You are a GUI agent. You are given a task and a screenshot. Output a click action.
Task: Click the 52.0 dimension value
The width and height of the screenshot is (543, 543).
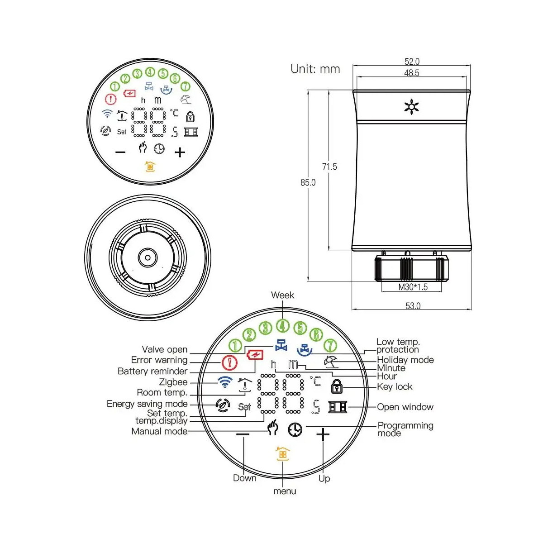[x=412, y=62]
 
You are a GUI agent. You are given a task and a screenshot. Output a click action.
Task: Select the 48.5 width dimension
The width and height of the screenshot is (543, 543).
[x=411, y=73]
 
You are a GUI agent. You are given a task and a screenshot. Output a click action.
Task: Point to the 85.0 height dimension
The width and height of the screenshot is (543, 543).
[x=308, y=183]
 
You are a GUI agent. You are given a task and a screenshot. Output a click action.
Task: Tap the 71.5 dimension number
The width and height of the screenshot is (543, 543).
[x=329, y=167]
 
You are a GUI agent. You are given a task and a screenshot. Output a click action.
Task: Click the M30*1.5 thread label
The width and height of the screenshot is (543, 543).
[x=413, y=287]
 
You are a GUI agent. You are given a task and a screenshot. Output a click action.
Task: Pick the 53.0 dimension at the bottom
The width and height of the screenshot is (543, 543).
[x=413, y=306]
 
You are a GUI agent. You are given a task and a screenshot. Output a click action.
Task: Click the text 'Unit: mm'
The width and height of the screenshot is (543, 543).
[x=315, y=69]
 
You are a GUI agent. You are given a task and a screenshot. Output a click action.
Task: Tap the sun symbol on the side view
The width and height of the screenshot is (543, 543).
[x=411, y=107]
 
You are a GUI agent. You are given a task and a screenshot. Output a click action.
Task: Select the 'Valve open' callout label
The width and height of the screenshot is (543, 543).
[x=165, y=349]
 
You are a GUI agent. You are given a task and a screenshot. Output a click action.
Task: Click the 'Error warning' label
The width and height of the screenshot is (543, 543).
[x=159, y=360]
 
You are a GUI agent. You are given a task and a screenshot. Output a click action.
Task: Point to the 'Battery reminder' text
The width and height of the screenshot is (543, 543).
[x=152, y=371]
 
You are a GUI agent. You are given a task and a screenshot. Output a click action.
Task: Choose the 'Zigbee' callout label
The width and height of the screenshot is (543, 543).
[x=173, y=382]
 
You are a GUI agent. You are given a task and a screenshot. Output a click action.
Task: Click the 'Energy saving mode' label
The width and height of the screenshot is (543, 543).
[x=147, y=404]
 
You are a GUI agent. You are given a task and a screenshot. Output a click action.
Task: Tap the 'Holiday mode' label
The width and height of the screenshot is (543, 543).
[x=405, y=360]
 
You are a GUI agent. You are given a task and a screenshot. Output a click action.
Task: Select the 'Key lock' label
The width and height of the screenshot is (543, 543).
[x=395, y=386]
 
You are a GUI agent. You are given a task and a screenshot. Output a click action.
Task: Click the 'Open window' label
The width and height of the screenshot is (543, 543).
[x=405, y=407]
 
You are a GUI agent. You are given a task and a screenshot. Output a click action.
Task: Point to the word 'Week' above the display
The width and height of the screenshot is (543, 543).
[x=282, y=295]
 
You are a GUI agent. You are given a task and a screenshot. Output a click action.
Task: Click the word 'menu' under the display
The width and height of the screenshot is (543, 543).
[x=285, y=491]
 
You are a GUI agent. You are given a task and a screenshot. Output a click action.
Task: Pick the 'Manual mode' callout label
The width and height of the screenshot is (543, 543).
[x=159, y=431]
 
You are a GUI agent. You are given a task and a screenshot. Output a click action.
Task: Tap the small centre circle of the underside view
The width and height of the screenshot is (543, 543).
[x=148, y=257]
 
